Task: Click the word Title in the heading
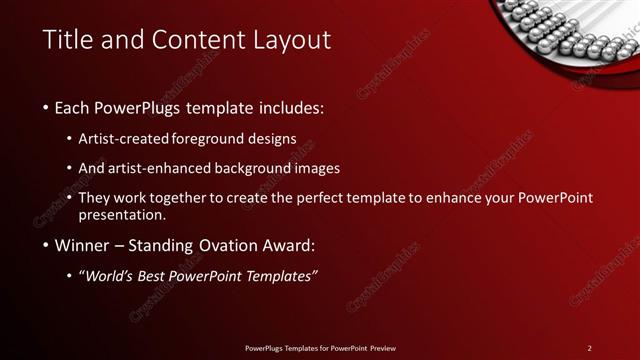point(67,40)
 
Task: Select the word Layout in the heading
point(294,40)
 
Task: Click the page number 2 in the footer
point(589,347)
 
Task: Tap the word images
point(320,168)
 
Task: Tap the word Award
point(284,246)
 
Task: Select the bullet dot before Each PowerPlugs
point(46,107)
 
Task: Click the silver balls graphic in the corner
point(560,30)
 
